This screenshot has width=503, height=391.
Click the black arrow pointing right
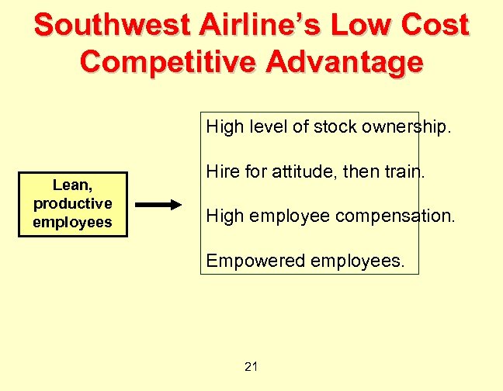[158, 205]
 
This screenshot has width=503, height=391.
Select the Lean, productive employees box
[72, 204]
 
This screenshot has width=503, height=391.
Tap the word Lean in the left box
[71, 185]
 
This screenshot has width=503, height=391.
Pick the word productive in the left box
[72, 203]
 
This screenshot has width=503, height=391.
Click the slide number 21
[251, 366]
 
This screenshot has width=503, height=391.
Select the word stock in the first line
[333, 127]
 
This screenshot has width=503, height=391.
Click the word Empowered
[254, 261]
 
